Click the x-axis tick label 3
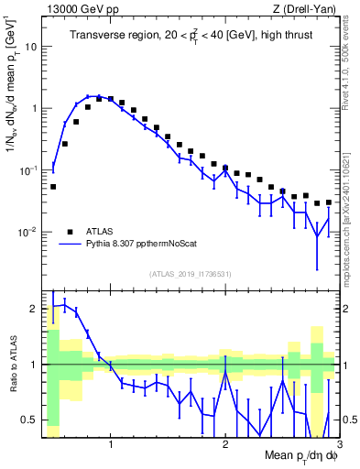(x=339, y=446)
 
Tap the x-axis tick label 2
(x=225, y=446)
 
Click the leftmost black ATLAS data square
(x=53, y=187)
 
